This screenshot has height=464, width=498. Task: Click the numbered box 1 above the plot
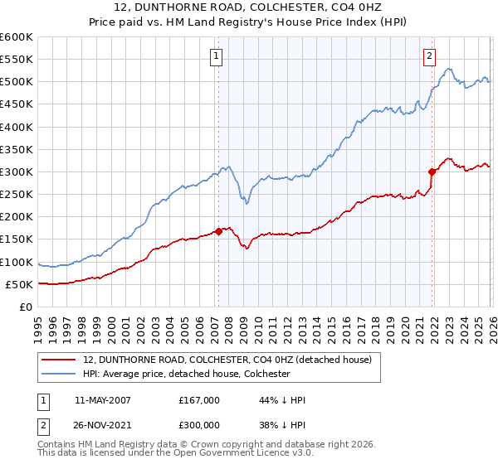(x=216, y=56)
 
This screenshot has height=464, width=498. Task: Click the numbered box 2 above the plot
(x=429, y=56)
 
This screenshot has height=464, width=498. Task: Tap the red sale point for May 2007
(x=218, y=231)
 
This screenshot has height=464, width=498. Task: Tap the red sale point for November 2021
(x=432, y=172)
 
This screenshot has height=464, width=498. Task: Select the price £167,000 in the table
(x=199, y=400)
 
